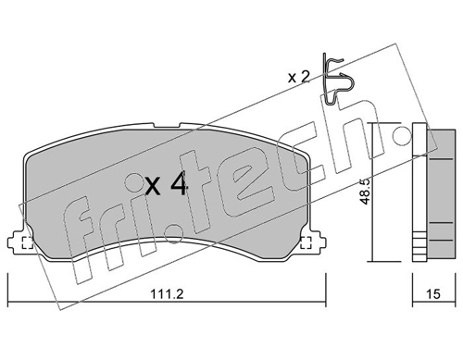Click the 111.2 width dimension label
tap(167, 293)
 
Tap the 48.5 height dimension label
tap(365, 192)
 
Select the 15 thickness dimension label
tap(433, 294)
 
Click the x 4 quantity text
tap(166, 184)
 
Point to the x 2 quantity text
tap(298, 77)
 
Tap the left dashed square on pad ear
tap(27, 242)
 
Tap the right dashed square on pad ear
tap(306, 242)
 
